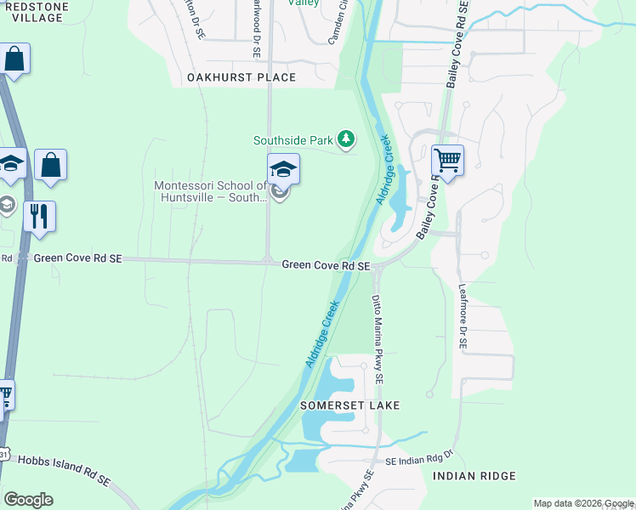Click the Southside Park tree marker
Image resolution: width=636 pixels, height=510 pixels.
point(345,139)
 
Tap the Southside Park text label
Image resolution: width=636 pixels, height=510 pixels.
point(292,140)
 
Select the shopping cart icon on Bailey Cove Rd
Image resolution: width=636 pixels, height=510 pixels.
point(447,160)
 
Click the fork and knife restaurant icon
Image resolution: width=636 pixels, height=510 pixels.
point(39,216)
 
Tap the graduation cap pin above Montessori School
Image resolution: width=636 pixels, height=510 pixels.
point(283,168)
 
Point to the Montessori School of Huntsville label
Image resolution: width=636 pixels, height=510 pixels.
point(211,192)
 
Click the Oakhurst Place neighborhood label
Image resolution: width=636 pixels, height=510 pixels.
point(241,77)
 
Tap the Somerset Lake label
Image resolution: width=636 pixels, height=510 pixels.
point(349,406)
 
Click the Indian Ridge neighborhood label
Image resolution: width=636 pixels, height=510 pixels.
point(474,476)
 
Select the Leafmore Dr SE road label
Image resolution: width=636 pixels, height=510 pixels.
point(463,316)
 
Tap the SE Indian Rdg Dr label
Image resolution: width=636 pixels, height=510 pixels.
point(421,461)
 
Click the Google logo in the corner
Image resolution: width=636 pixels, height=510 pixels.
point(28,499)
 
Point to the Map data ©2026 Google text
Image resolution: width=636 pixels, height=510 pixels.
point(582,503)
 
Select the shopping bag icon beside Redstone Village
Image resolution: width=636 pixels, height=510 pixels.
point(14,59)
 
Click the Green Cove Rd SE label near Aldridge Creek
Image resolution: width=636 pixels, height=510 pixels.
point(326,266)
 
